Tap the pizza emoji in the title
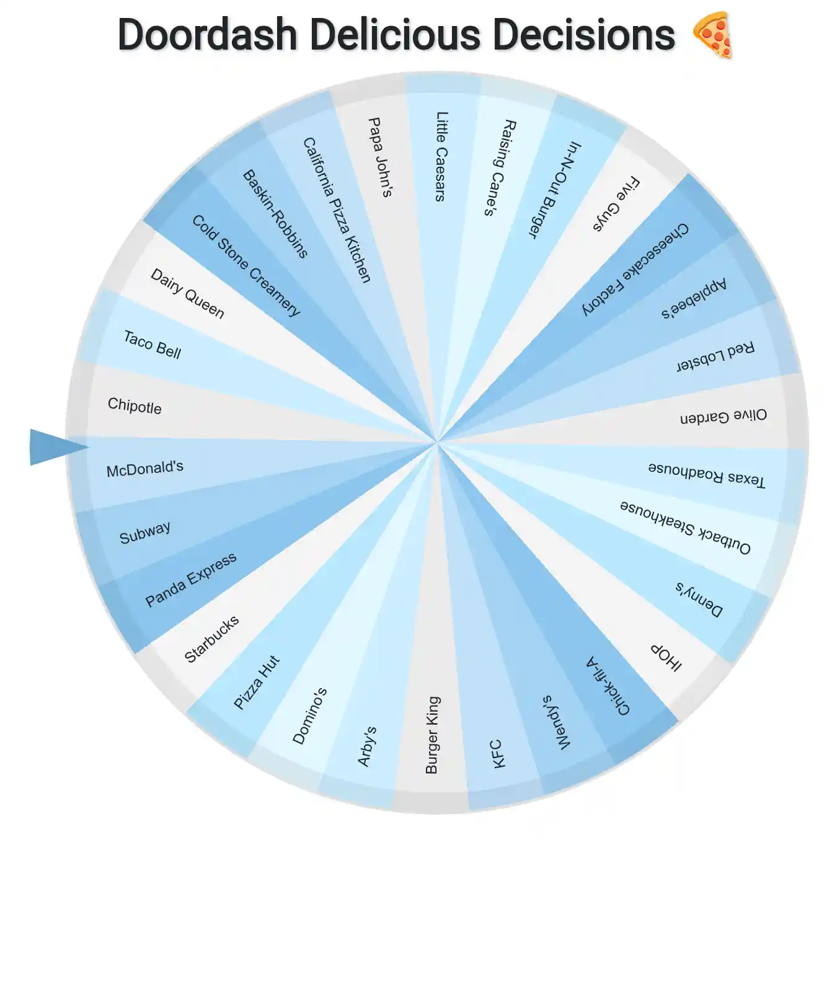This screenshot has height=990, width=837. [x=712, y=35]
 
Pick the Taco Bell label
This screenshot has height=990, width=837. [x=153, y=345]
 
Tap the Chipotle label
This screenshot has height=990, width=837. [x=135, y=406]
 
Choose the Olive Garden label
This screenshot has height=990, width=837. [x=724, y=416]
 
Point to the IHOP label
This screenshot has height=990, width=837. [x=666, y=657]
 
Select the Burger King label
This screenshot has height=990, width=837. [x=432, y=735]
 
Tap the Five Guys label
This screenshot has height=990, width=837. [x=616, y=205]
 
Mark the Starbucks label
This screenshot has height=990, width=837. [x=211, y=639]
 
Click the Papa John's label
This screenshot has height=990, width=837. [x=380, y=157]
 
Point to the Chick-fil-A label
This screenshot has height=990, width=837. [x=608, y=686]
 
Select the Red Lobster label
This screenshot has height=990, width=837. [x=715, y=356]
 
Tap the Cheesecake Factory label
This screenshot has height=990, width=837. [x=635, y=269]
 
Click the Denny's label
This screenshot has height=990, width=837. [x=699, y=599]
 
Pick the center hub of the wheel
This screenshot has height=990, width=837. [x=436, y=443]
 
